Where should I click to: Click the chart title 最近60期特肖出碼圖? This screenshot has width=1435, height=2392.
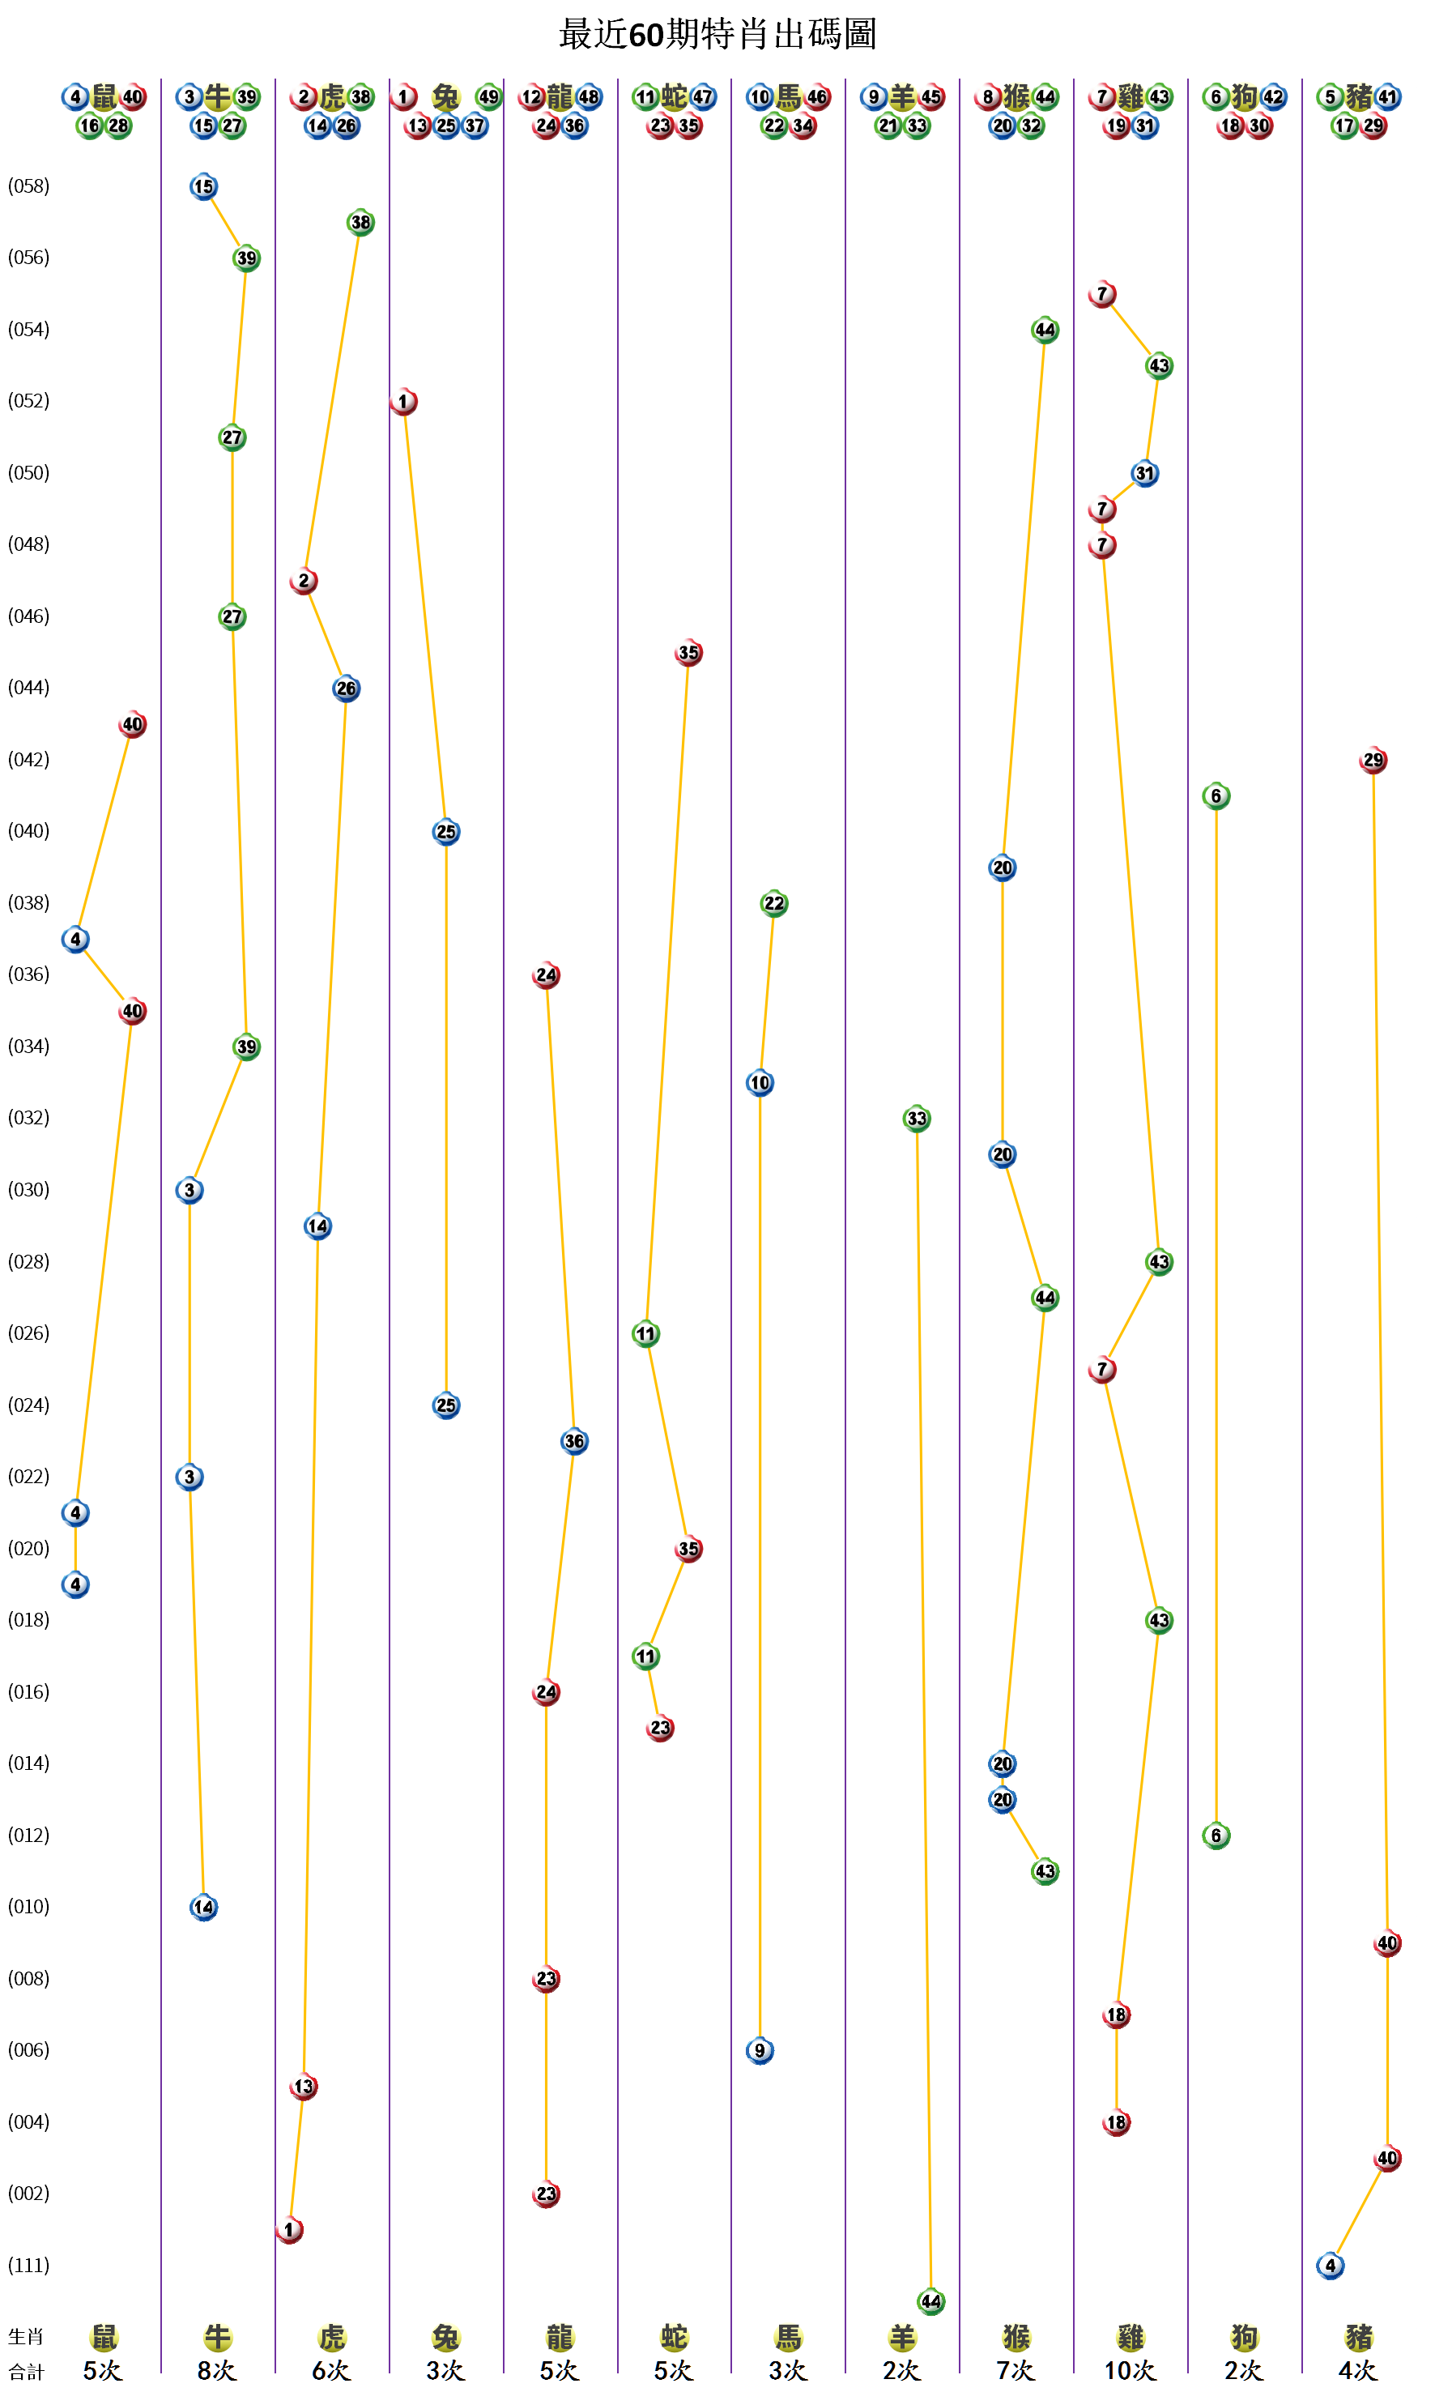717,35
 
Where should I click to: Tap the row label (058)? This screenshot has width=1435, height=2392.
29,186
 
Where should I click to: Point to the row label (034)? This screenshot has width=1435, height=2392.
29,1047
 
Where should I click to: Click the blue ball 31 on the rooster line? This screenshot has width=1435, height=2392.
1145,474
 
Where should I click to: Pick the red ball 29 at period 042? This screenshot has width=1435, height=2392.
1373,761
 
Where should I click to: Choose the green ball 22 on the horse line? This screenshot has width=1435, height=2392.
773,903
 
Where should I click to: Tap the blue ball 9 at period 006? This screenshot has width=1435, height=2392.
760,2050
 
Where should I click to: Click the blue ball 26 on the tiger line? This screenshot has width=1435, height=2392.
346,689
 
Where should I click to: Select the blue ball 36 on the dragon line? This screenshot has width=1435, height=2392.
574,1441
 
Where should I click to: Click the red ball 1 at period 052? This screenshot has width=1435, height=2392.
404,402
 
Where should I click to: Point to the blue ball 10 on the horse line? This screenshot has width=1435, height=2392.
760,1083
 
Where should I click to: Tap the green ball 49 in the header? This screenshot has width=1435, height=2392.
488,96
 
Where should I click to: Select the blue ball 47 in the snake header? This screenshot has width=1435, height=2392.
703,96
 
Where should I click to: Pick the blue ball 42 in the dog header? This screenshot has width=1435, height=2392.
1274,96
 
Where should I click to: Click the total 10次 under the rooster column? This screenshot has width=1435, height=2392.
1130,2371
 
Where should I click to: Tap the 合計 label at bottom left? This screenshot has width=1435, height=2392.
27,2372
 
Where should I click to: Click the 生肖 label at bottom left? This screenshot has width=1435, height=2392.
27,2337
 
